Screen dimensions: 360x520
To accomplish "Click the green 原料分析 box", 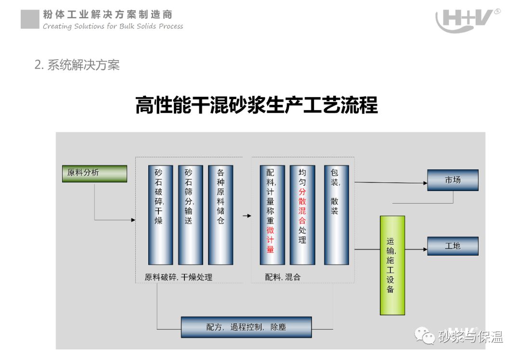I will [x=94, y=173].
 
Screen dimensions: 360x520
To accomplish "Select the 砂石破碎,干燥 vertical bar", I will [x=160, y=215].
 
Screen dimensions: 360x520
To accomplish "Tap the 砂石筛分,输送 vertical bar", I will [x=190, y=215].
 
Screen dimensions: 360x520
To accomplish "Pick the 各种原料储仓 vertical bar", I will [x=221, y=215].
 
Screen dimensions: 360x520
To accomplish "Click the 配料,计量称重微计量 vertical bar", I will [x=272, y=215].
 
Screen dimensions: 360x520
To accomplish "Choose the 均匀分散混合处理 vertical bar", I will [x=302, y=215].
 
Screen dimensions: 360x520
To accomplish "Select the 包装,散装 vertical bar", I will [x=336, y=215].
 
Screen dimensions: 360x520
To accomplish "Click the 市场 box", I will [x=453, y=180].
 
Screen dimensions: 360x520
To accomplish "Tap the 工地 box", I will [x=453, y=246].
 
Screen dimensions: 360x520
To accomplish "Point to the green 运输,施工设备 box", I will [x=392, y=265].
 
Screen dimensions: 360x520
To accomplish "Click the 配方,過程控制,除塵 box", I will [x=246, y=327].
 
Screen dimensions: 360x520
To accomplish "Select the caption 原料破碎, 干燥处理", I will [x=179, y=277].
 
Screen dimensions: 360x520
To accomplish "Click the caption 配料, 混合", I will [x=283, y=277].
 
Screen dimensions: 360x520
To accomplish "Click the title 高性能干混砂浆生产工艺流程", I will [x=256, y=105].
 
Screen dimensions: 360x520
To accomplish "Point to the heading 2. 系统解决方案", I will [x=77, y=65].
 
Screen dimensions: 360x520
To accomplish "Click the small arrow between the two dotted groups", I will [x=247, y=216].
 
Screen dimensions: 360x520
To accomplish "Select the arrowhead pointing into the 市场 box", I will [x=425, y=183].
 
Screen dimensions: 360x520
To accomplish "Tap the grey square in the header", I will [x=30, y=19].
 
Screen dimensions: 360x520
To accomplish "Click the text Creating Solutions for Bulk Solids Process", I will [x=113, y=26].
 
